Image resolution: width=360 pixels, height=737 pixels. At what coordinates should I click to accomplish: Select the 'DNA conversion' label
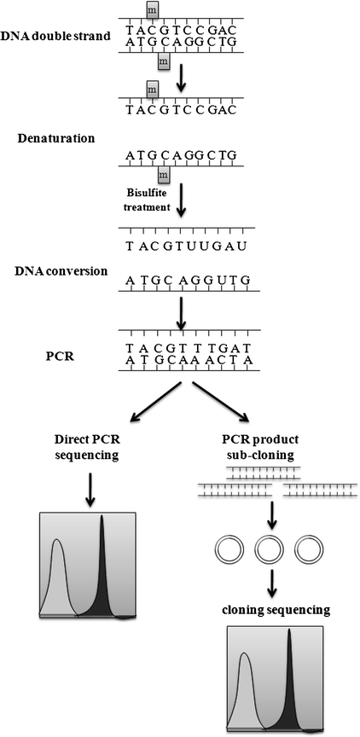[56, 270]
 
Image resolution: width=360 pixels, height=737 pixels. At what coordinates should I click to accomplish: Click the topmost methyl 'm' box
[153, 9]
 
